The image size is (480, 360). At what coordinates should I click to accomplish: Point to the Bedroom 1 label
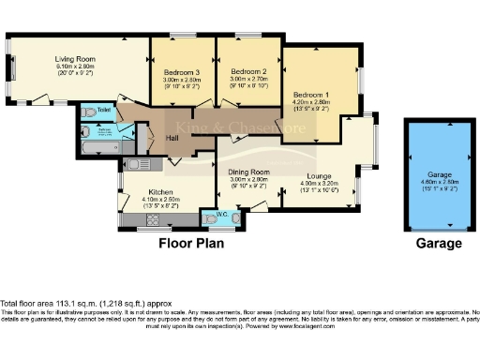pyautogui.click(x=310, y=95)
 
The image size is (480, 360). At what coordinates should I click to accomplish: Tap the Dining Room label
pyautogui.click(x=248, y=172)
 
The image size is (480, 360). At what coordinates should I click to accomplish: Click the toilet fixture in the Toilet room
pyautogui.click(x=90, y=112)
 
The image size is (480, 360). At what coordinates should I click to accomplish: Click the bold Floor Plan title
pyautogui.click(x=194, y=243)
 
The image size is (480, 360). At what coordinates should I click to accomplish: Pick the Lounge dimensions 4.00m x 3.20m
pyautogui.click(x=317, y=183)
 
